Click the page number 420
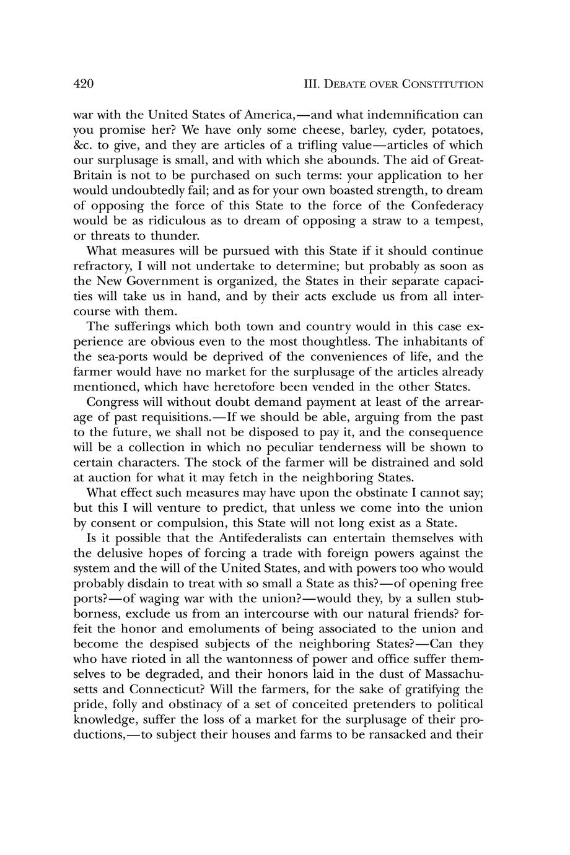point(84,84)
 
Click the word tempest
point(458,221)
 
